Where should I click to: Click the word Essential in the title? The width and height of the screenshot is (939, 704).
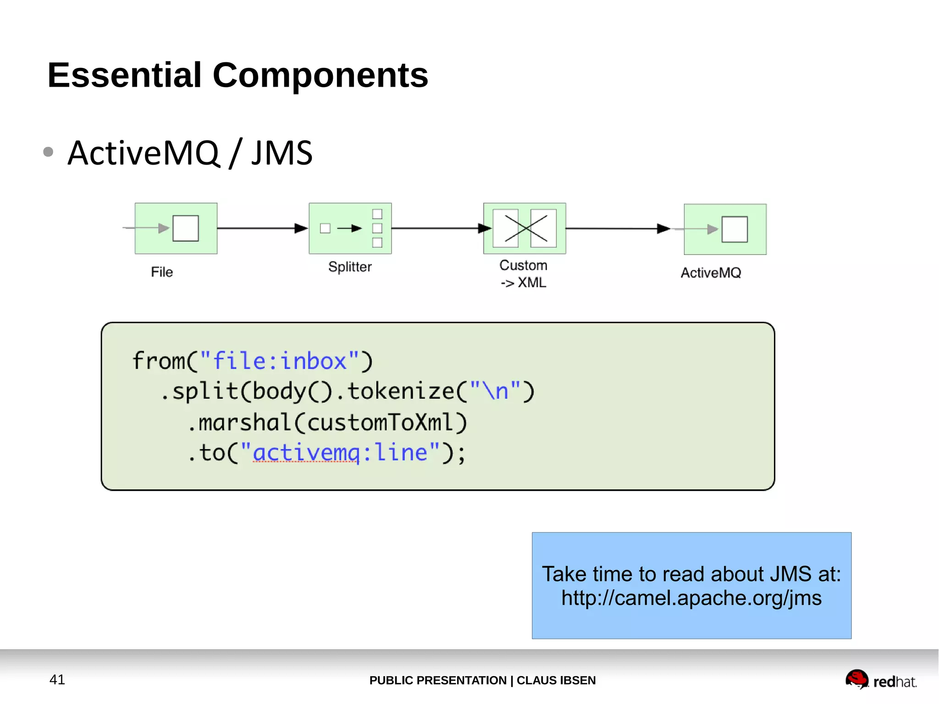point(125,75)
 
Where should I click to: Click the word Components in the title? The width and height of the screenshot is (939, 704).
point(320,75)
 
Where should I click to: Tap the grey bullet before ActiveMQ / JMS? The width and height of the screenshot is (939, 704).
point(48,152)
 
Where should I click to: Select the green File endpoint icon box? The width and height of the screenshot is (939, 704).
point(176,228)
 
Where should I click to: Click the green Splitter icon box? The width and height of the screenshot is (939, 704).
point(350,228)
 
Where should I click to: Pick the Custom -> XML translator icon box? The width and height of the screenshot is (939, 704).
point(525,228)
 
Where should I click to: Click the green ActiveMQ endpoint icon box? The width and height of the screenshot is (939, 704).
point(725,229)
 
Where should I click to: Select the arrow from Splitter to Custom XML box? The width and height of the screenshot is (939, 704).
point(438,228)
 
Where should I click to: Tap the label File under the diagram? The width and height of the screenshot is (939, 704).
point(162,272)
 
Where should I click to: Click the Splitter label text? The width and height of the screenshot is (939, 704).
point(350,267)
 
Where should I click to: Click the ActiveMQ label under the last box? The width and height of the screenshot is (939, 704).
point(711,273)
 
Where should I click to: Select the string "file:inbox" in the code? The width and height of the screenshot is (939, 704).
point(280,361)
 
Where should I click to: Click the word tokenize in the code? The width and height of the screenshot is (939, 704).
point(401,391)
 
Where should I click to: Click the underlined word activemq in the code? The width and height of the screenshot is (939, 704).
point(306,453)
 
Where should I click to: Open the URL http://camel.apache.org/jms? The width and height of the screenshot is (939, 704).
point(691,598)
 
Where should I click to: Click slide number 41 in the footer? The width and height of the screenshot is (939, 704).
point(57,679)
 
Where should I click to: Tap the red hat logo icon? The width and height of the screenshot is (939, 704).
point(856,679)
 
